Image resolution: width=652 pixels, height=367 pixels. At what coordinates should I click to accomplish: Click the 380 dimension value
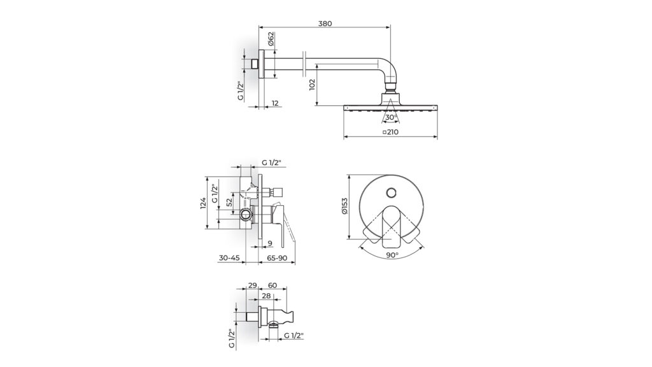coord(325,24)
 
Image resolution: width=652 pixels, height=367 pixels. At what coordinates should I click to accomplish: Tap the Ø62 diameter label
coord(271,40)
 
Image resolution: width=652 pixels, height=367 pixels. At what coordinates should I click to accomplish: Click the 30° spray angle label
coord(391,117)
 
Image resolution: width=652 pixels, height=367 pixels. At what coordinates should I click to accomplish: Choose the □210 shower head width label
coord(391,132)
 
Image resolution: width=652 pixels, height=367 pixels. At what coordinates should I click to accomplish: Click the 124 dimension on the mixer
coord(203,203)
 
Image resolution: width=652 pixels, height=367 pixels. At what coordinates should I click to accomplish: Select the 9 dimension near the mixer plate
coord(270,243)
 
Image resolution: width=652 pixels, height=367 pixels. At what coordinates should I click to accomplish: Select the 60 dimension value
coord(272,286)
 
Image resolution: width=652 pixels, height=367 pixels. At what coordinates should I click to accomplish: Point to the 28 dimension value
coord(267,296)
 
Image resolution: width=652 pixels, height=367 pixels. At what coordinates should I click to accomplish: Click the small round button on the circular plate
coord(392,191)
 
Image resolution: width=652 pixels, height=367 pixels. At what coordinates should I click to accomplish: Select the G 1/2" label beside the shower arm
coord(241,90)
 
